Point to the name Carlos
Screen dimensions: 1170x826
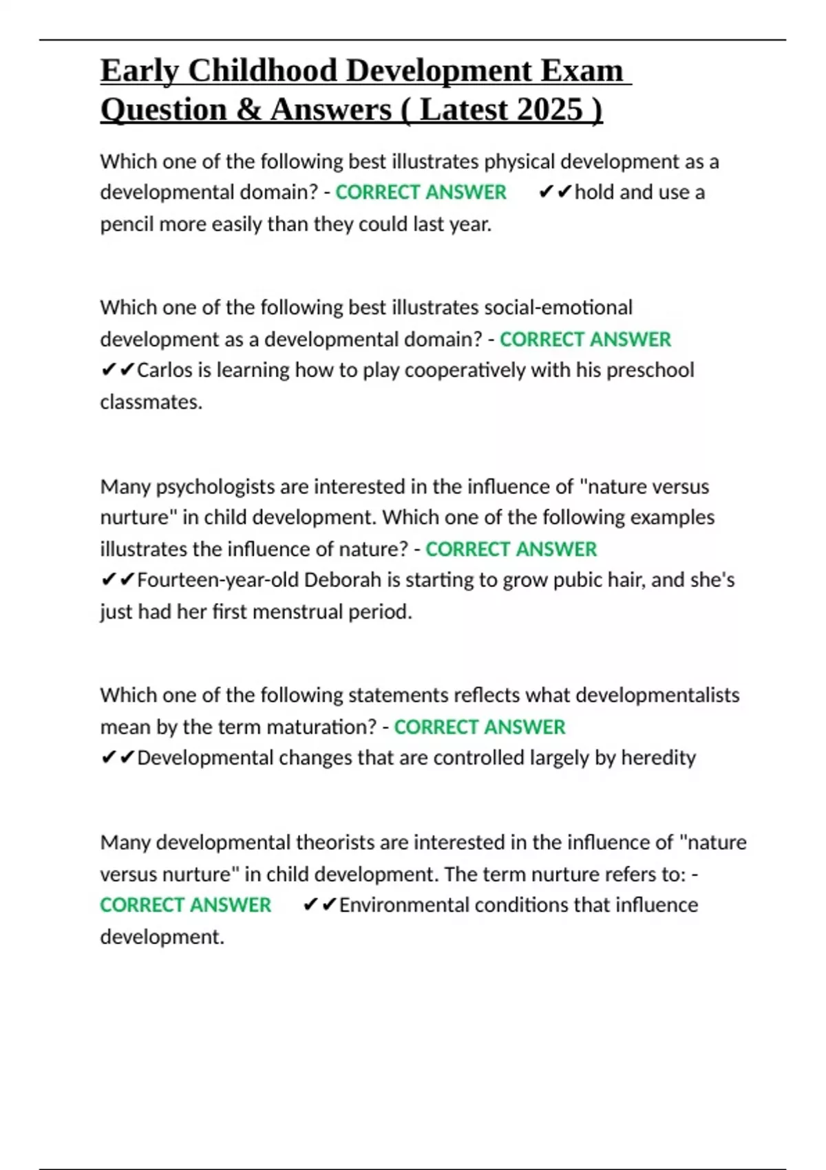pos(165,370)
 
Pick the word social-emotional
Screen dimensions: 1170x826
pos(558,308)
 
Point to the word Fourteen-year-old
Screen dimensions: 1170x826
pos(218,580)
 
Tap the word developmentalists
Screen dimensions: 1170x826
pos(657,695)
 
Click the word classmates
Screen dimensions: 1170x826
pos(151,402)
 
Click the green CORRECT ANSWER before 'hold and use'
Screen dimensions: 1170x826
pos(421,193)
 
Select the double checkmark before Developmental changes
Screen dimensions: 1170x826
pos(118,758)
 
